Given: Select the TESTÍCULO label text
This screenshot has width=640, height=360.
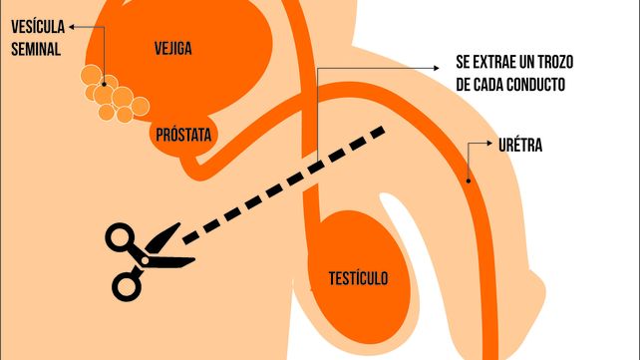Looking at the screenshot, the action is (359, 278).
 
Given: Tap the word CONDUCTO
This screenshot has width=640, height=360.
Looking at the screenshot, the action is (531, 85).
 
